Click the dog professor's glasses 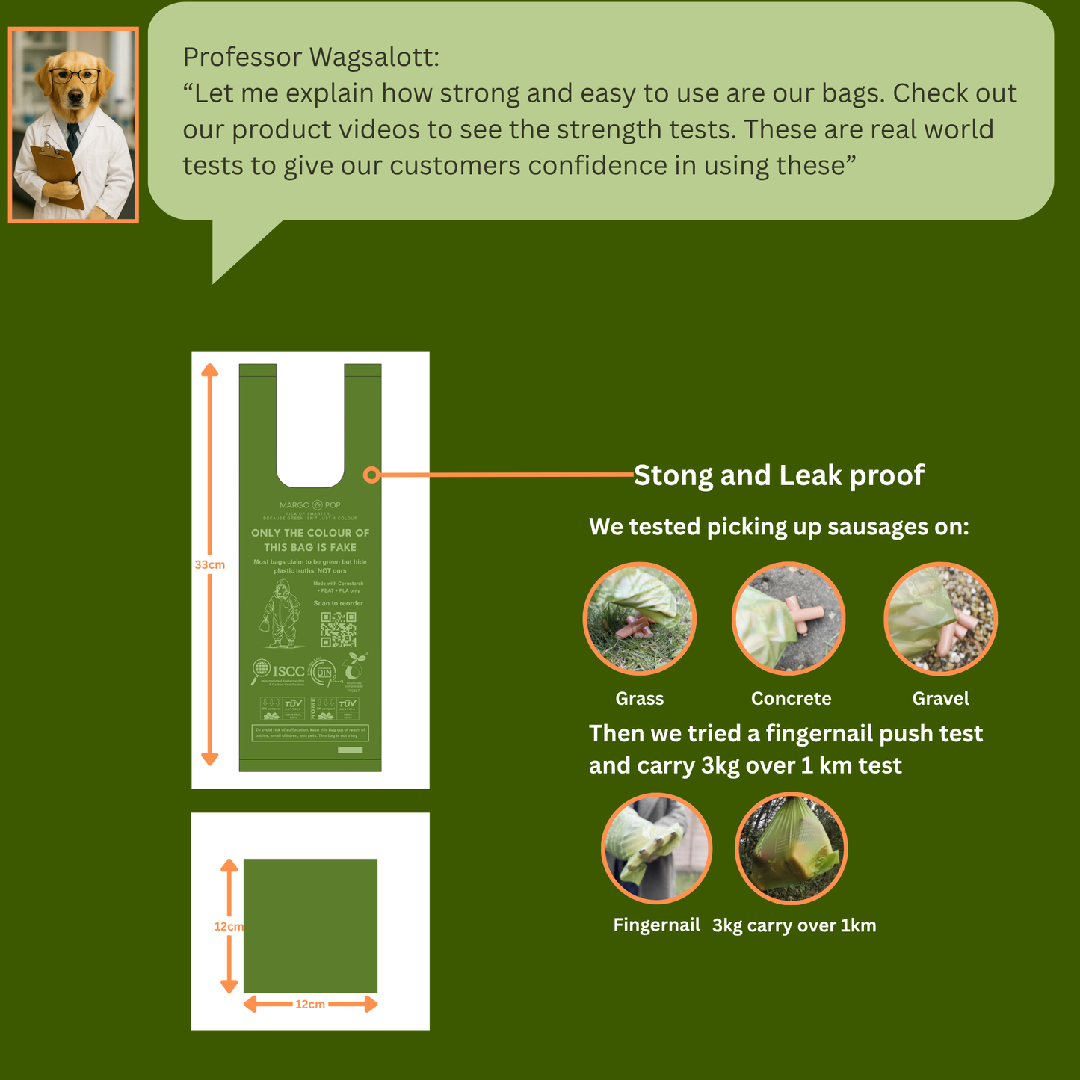click(74, 75)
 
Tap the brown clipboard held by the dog click(56, 173)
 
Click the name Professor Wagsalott click(311, 57)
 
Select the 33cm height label click(210, 565)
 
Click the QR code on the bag click(339, 629)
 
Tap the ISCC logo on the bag click(280, 671)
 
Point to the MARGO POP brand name click(310, 505)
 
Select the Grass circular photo click(640, 619)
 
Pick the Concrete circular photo click(789, 619)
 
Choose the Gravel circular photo click(941, 619)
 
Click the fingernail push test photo click(657, 849)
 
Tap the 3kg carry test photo click(792, 849)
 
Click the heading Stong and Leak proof click(779, 475)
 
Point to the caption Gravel click(940, 699)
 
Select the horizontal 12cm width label click(310, 1005)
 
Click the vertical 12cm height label click(229, 927)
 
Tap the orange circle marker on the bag click(371, 475)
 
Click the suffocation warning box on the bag click(310, 733)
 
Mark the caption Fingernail click(656, 925)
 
